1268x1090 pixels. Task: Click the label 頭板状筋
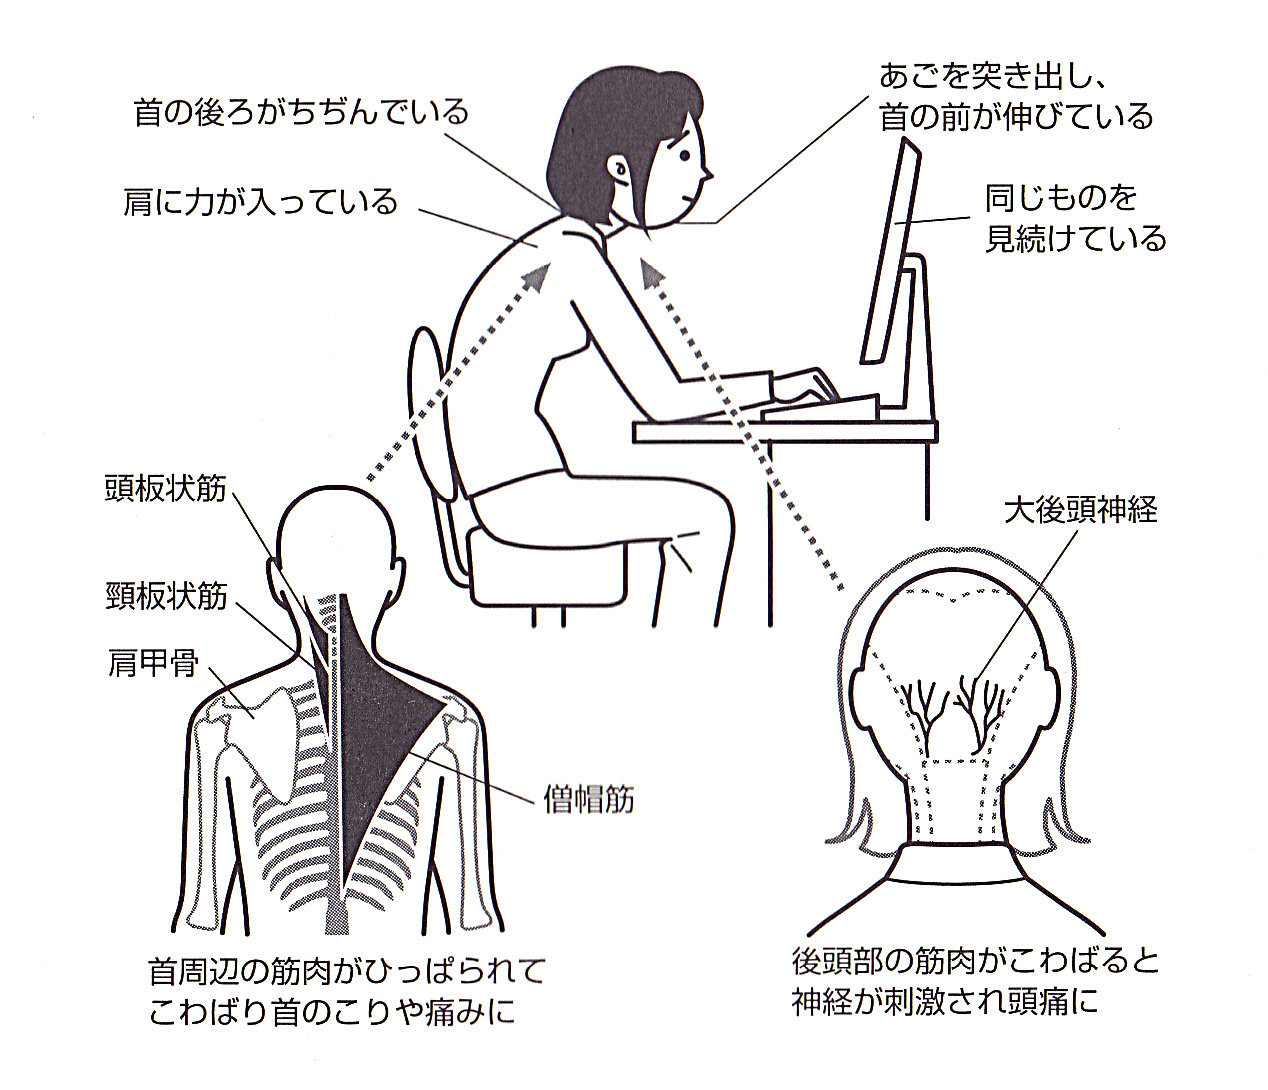(x=166, y=489)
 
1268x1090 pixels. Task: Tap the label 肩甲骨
(x=153, y=663)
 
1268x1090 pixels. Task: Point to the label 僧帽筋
(x=589, y=800)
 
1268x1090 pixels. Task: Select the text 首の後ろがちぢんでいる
(x=301, y=112)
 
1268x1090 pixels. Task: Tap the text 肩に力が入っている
(x=261, y=202)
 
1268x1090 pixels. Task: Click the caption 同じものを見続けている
(x=1075, y=218)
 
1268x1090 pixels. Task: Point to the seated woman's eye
(x=685, y=155)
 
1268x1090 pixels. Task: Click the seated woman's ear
(x=618, y=167)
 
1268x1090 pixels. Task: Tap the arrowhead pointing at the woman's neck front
(x=652, y=271)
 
